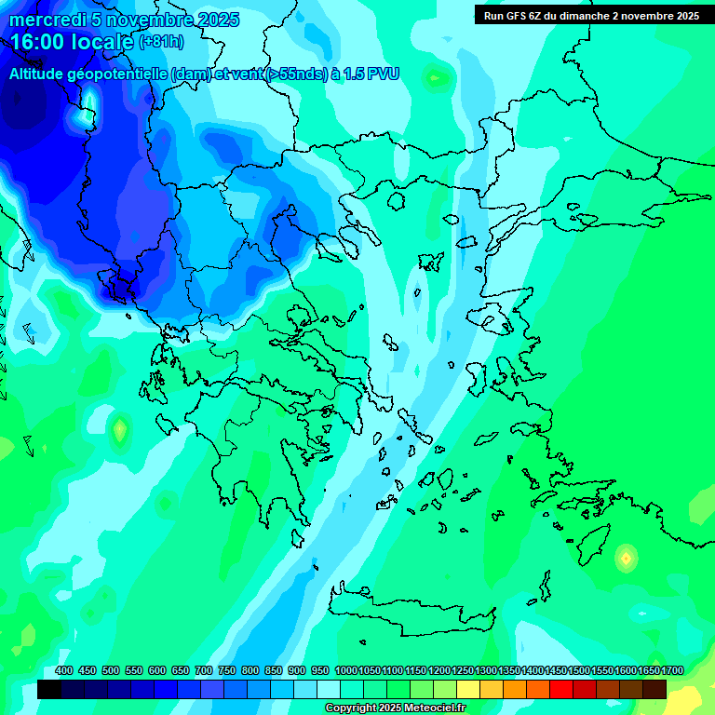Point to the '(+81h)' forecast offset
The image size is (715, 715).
(x=160, y=42)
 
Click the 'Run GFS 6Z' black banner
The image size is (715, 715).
(x=591, y=16)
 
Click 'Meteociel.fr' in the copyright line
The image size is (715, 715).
(x=430, y=708)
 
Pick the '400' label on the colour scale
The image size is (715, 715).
(x=64, y=671)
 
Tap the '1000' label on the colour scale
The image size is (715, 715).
(x=345, y=671)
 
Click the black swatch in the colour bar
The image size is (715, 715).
(x=49, y=689)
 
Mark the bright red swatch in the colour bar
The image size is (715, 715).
(x=561, y=689)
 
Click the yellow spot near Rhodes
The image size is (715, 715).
(x=626, y=559)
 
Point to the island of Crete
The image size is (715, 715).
(x=410, y=605)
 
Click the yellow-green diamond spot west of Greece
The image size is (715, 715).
(x=119, y=431)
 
